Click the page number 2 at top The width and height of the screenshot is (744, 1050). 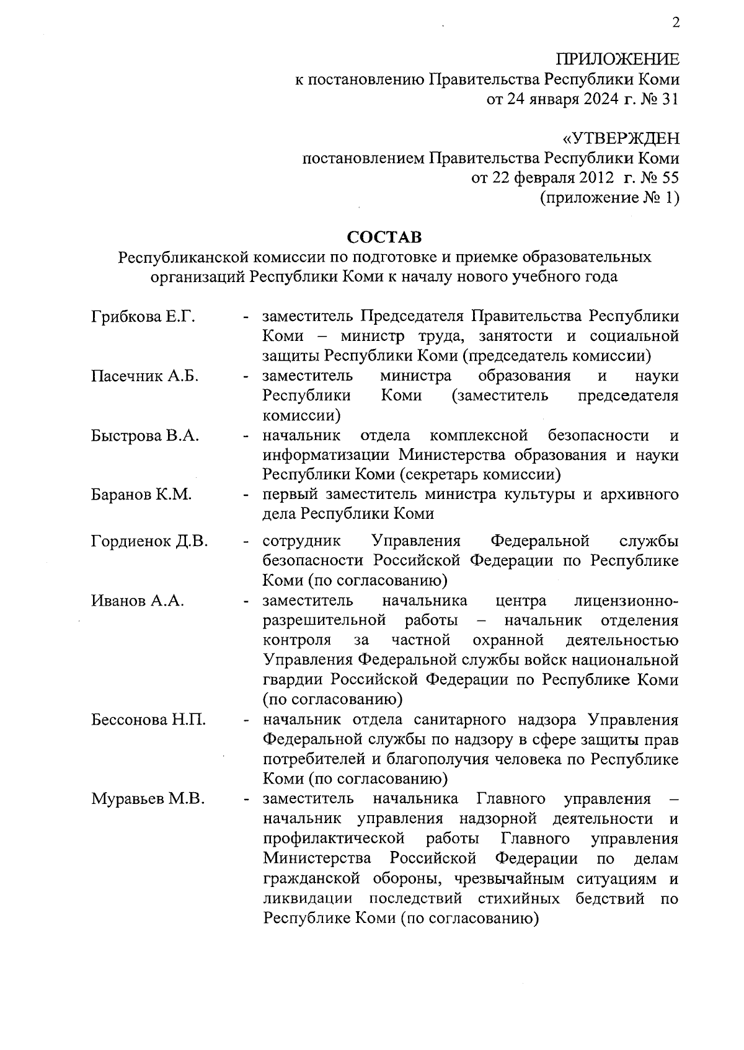coord(675,24)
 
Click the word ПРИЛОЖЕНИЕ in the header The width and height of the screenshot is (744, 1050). coord(617,60)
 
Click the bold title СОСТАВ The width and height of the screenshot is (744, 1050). coord(384,237)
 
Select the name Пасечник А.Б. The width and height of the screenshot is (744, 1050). coord(145,376)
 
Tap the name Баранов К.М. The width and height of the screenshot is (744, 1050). coord(141,495)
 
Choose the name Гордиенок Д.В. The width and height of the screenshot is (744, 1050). coord(149,542)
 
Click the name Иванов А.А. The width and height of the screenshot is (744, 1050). coord(138,601)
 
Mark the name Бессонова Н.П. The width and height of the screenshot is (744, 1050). coord(149,720)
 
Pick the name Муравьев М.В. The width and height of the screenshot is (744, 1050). coord(148,799)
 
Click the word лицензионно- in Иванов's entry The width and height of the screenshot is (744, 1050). coord(626,601)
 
